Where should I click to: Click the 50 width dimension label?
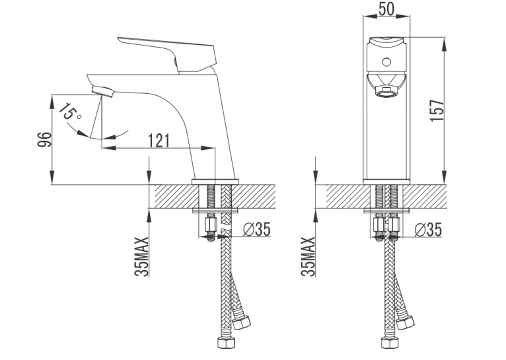pyautogui.click(x=386, y=9)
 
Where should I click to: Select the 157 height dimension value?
pyautogui.click(x=437, y=110)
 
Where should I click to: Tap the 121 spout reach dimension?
pyautogui.click(x=159, y=141)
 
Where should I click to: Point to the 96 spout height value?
pyautogui.click(x=44, y=139)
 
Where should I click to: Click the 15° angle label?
pyautogui.click(x=70, y=112)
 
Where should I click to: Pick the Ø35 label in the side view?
pyautogui.click(x=257, y=229)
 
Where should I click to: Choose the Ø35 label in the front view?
pyautogui.click(x=428, y=230)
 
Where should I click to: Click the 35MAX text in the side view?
pyautogui.click(x=141, y=256)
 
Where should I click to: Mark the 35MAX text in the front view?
pyautogui.click(x=308, y=256)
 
